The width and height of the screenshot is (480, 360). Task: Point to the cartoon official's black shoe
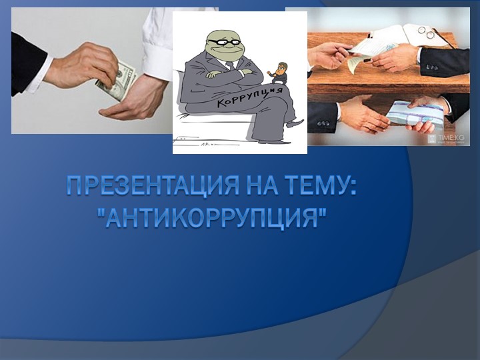(x=293, y=124)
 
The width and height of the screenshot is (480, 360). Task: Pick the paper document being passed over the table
(x=363, y=56)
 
